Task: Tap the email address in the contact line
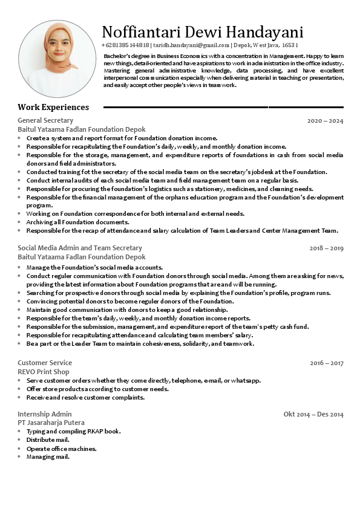(x=191, y=45)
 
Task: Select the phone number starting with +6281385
(x=125, y=45)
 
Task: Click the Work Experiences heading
(x=53, y=107)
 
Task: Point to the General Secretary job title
(x=45, y=121)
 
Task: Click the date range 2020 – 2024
(x=325, y=121)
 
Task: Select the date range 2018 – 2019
(x=326, y=248)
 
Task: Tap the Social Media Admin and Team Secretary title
(x=80, y=248)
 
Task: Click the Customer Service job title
(x=45, y=363)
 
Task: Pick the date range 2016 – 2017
(x=326, y=363)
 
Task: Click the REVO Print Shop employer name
(x=44, y=372)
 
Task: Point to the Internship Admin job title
(x=45, y=414)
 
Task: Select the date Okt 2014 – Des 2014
(x=313, y=414)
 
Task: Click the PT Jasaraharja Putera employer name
(x=51, y=423)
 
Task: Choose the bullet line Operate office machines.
(x=62, y=449)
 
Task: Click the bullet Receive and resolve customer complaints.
(x=85, y=397)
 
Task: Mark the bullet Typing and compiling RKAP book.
(x=74, y=431)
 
